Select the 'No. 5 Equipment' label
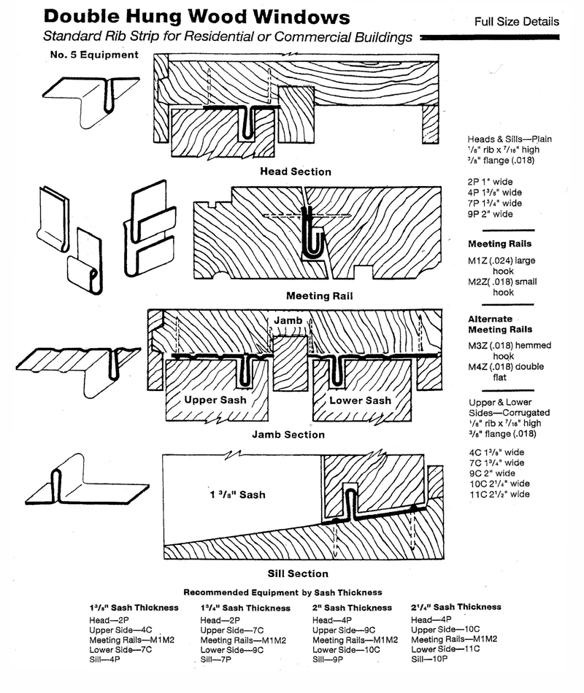93,55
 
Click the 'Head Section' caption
296,172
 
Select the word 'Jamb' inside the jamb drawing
289,321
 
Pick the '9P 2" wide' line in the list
491,214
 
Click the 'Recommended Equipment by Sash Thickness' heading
283,592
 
